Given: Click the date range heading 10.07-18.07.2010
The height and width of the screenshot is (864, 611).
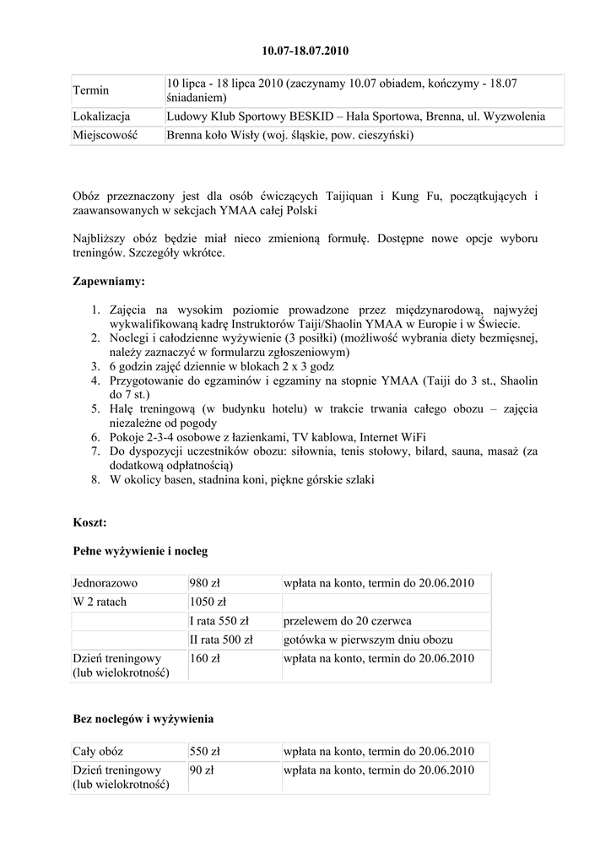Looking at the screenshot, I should coord(305,51).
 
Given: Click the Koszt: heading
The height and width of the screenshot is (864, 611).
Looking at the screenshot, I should coord(90,523).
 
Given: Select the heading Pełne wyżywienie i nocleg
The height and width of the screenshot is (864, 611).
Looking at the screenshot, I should coord(140,551).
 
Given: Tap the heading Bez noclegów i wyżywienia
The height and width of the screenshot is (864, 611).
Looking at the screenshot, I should coord(143,719).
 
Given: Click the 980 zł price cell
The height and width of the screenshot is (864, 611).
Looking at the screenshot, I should coord(205,583).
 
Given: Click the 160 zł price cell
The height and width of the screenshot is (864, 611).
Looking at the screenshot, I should coord(205,658).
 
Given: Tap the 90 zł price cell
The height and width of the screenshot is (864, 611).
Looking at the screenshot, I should coord(203,769).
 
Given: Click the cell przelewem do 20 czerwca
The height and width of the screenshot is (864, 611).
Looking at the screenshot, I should coord(348,621).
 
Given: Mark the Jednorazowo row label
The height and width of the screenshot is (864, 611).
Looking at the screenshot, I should coord(105,583).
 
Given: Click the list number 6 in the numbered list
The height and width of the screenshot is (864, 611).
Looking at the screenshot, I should coord(96,436).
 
